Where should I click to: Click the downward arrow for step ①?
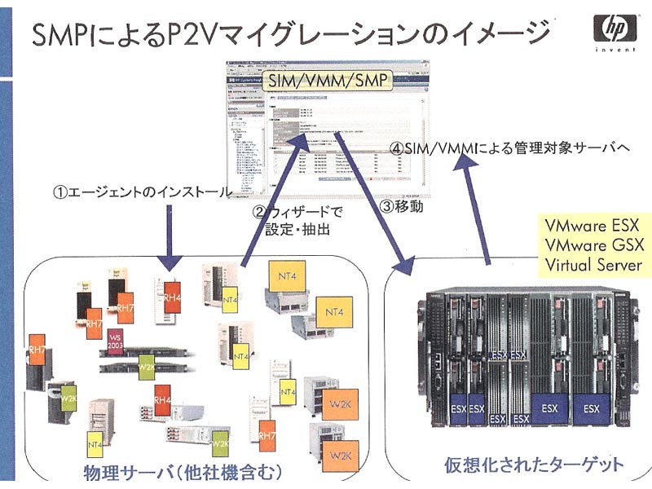coord(170,236)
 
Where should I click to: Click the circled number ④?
coord(397,149)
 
